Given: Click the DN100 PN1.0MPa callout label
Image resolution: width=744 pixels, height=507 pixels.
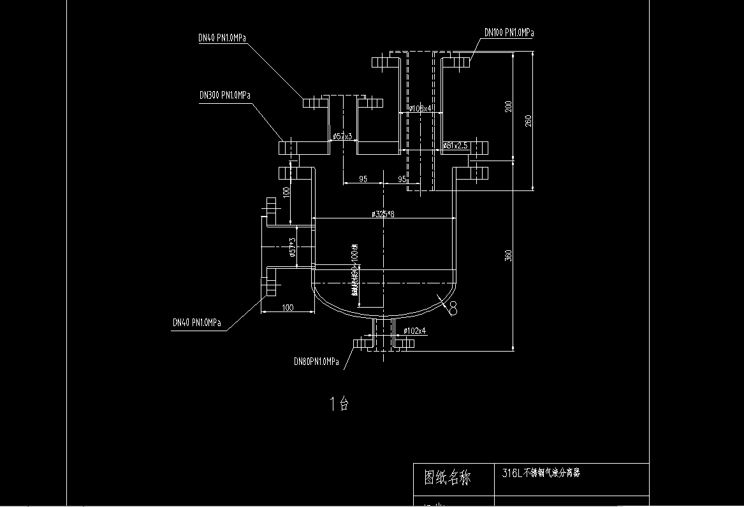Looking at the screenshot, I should [509, 32].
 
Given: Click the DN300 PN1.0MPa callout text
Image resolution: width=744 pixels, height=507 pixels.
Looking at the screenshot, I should [224, 96].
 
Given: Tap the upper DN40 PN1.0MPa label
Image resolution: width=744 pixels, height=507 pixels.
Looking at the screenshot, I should [222, 38].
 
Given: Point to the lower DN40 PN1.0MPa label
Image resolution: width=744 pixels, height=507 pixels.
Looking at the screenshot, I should [197, 323].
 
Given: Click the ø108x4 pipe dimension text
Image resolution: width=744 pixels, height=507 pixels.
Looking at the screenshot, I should [420, 109].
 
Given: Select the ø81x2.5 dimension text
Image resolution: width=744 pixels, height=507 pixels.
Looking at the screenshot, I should [456, 146].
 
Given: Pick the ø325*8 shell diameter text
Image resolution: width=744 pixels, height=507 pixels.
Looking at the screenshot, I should [383, 215].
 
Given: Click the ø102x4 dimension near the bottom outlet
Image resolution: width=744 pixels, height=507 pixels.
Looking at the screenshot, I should [415, 331].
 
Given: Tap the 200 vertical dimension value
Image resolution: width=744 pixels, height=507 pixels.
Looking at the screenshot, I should [508, 106].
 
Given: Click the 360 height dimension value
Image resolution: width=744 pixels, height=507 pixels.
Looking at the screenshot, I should [508, 255].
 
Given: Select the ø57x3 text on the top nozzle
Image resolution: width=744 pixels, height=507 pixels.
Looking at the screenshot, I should [342, 137].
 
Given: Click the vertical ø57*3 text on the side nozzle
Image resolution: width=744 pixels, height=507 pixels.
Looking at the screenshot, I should [292, 247].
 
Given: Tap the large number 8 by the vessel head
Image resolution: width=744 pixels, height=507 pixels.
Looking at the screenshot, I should [453, 310].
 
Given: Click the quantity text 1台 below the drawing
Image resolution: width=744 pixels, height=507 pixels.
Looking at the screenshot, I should [339, 403].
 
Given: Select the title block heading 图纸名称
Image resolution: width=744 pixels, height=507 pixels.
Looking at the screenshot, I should [448, 477].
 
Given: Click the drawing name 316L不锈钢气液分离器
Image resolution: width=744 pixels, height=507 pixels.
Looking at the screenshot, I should [541, 473].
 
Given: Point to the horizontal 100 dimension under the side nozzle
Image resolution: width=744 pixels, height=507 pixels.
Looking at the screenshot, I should [288, 308].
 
